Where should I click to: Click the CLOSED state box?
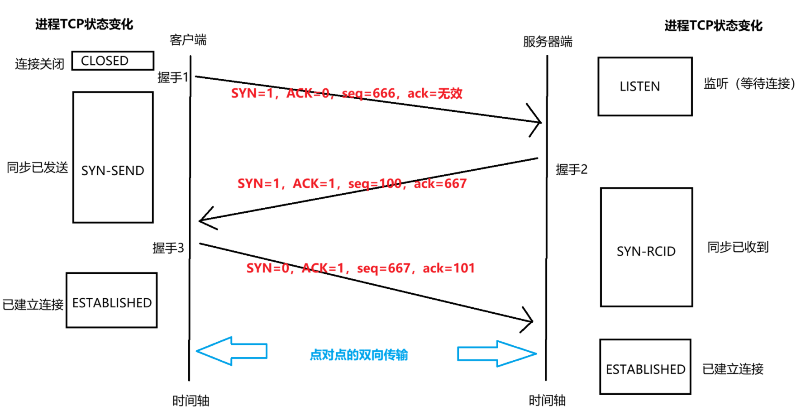pyautogui.click(x=113, y=61)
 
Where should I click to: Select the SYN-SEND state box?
pyautogui.click(x=113, y=157)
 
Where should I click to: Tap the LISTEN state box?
pyautogui.click(x=645, y=86)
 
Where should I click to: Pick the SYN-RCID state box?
pyautogui.click(x=646, y=247)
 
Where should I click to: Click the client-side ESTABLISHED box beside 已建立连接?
pyautogui.click(x=112, y=300)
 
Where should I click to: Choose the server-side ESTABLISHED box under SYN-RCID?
pyautogui.click(x=645, y=367)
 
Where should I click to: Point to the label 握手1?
pyautogui.click(x=173, y=77)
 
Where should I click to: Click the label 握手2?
pyautogui.click(x=572, y=169)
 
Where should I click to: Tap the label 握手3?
pyautogui.click(x=168, y=248)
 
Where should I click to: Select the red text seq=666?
pyautogui.click(x=368, y=93)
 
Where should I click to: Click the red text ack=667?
pyautogui.click(x=440, y=183)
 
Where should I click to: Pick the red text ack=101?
pyautogui.click(x=448, y=268)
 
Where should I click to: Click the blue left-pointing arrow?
pyautogui.click(x=232, y=351)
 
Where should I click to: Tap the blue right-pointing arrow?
pyautogui.click(x=497, y=354)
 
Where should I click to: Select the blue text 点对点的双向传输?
pyautogui.click(x=359, y=355)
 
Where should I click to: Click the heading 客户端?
pyautogui.click(x=188, y=40)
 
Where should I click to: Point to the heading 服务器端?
pyautogui.click(x=548, y=42)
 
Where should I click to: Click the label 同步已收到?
pyautogui.click(x=738, y=247)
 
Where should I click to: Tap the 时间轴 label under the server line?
pyautogui.click(x=547, y=400)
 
